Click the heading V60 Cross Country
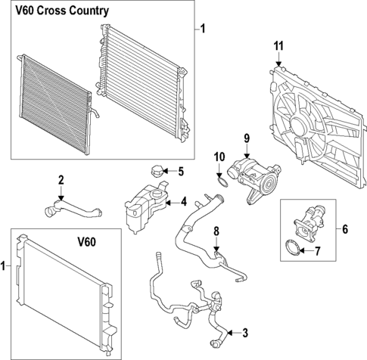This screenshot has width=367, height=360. point(64,11)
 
